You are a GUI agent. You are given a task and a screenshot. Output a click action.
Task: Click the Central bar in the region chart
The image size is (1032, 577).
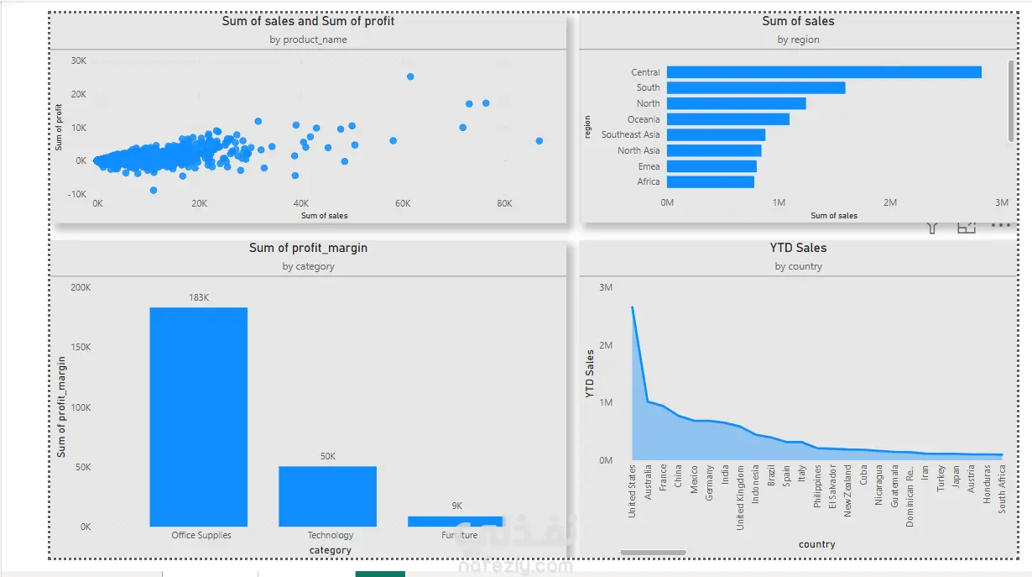[824, 72]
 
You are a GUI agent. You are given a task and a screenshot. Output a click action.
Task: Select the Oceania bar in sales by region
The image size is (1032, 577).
[728, 119]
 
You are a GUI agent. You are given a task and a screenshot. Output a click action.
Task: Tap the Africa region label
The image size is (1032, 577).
[649, 181]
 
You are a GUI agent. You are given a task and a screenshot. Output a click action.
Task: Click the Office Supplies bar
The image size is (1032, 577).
[199, 417]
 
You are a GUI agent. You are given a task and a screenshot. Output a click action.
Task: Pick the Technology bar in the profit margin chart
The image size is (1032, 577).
[327, 496]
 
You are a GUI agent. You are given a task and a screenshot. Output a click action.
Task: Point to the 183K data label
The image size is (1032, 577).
[199, 297]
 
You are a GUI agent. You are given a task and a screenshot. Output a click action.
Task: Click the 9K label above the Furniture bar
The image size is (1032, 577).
[456, 506]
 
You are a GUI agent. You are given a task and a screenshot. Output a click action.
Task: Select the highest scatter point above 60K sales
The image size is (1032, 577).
[410, 76]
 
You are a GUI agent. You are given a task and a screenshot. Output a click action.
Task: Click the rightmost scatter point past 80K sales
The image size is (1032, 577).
[539, 140]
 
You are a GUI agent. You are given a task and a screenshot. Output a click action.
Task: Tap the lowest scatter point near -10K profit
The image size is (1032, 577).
[154, 191]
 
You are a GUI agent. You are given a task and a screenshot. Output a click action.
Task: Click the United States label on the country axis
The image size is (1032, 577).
[632, 491]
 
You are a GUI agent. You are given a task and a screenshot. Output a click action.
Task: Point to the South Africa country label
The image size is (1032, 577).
[1002, 489]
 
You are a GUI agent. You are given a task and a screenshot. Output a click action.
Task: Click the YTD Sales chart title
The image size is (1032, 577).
[798, 248]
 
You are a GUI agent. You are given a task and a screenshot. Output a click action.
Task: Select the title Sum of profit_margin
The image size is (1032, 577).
[308, 248]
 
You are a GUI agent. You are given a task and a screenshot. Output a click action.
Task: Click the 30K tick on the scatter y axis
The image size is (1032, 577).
[79, 60]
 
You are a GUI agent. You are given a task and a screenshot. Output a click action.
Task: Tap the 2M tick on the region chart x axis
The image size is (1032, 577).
[890, 202]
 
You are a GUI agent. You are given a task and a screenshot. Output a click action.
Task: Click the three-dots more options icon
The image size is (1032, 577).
[1001, 226]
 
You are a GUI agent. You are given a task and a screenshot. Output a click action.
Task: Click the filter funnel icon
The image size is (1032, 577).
[932, 228]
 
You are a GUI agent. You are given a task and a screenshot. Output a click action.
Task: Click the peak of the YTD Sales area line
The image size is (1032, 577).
[632, 307]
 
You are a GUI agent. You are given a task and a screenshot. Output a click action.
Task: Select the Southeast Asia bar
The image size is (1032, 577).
[716, 134]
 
